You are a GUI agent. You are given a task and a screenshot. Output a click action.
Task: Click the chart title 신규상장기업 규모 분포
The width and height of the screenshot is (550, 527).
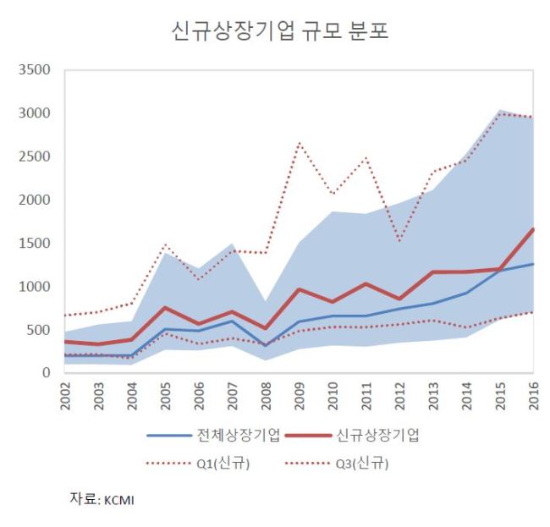[280, 30]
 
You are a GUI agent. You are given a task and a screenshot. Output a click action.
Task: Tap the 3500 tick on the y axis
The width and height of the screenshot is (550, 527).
[35, 69]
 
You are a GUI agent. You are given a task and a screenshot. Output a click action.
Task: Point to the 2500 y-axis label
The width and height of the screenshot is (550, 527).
[35, 156]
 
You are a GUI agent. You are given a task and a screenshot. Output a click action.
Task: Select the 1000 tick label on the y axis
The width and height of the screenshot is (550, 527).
[35, 287]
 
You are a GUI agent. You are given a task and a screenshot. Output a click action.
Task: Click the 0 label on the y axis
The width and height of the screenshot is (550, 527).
[46, 372]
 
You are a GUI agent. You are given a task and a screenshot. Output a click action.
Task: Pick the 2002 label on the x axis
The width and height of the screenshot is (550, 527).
[65, 396]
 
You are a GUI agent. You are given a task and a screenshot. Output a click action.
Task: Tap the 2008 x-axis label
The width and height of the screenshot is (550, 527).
[266, 396]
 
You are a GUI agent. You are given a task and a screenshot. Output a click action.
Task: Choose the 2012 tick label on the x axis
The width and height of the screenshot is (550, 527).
[400, 396]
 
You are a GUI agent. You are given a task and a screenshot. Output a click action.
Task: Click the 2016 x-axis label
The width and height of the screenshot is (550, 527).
[534, 396]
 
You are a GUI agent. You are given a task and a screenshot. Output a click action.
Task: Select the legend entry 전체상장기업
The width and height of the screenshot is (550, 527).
[213, 436]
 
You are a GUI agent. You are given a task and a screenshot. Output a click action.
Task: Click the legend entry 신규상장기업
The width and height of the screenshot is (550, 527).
[352, 436]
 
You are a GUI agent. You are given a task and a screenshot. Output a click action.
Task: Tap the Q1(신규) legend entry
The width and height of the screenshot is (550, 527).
[198, 464]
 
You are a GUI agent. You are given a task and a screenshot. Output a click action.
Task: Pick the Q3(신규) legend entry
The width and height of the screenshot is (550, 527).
[337, 464]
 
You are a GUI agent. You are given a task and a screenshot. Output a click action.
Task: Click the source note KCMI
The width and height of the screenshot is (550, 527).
[119, 500]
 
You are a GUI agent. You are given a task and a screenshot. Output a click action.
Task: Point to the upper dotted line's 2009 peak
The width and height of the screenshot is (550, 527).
[300, 142]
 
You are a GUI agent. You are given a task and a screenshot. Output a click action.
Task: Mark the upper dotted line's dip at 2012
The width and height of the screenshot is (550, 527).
[400, 241]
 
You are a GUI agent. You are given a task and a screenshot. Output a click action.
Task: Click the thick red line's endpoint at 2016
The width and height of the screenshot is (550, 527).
[533, 229]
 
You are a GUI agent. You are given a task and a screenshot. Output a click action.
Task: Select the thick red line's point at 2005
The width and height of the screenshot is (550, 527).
[166, 307]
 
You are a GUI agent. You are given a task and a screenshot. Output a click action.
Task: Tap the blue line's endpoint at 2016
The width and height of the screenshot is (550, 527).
[533, 264]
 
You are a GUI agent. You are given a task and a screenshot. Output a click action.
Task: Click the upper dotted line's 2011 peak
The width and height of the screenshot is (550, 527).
[366, 157]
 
